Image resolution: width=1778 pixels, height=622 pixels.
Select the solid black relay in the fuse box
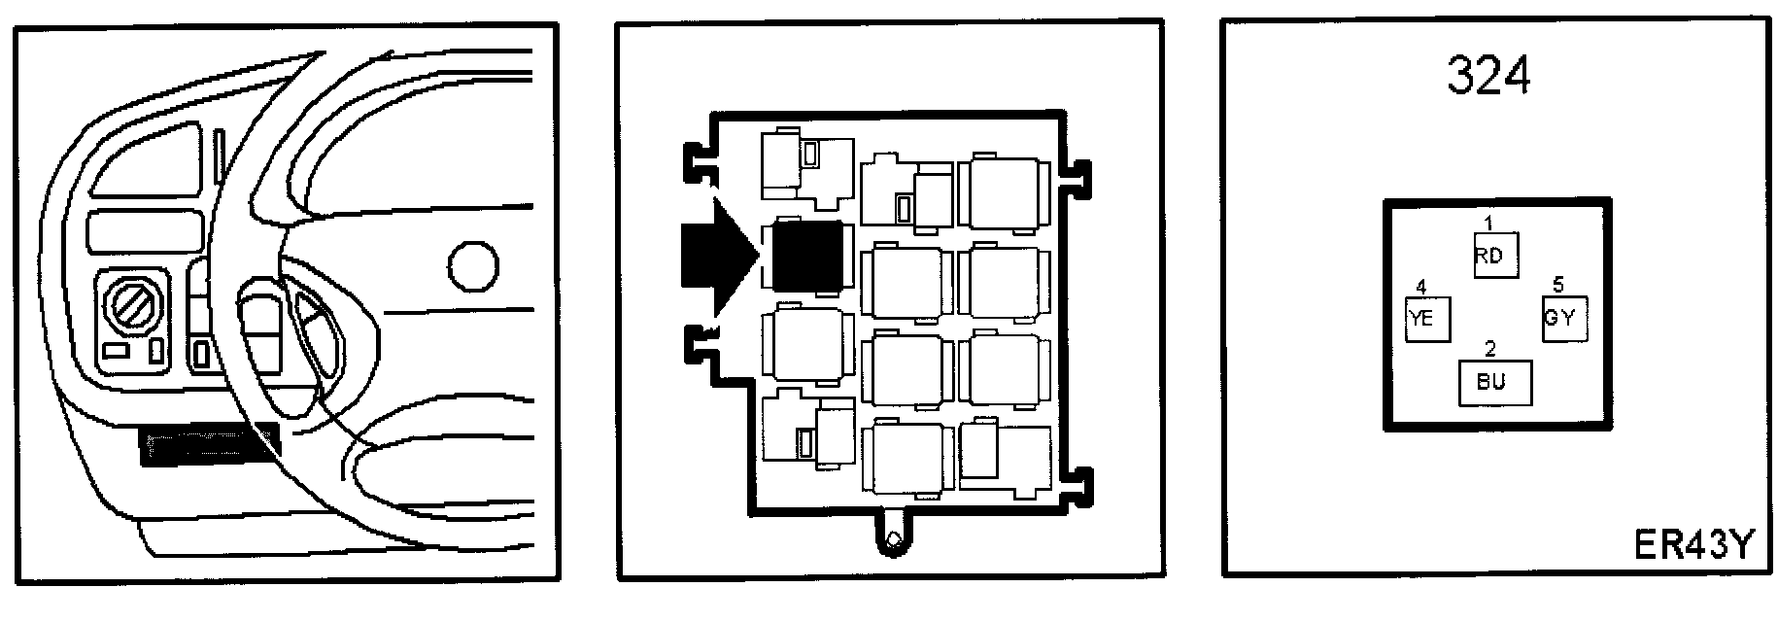805,257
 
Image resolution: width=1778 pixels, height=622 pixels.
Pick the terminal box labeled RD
1494,257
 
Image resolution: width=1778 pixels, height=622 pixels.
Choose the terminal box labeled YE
1427,318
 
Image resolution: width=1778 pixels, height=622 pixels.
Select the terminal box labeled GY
1564,318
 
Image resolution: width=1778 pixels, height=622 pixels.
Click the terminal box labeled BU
1495,382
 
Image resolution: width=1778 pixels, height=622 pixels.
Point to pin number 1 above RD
1487,224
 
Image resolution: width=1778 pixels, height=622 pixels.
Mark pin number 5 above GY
1557,286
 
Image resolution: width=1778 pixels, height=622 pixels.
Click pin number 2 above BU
1489,349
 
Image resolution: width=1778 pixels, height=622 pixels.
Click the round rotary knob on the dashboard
131,310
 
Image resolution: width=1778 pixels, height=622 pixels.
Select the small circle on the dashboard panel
475,265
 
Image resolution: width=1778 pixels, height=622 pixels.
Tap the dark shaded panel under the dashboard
209,445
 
